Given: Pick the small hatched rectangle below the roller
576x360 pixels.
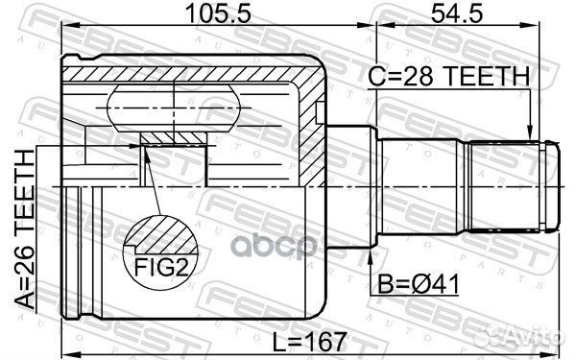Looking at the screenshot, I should (x=174, y=138).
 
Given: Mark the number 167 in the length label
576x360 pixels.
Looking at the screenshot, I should (x=326, y=340).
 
